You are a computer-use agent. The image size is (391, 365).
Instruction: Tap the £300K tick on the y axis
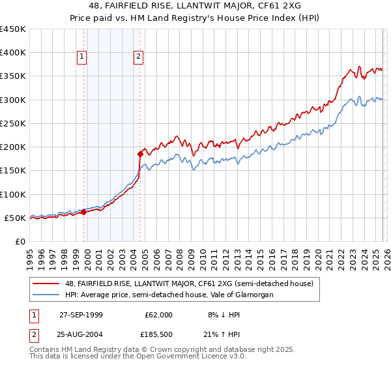click(x=13, y=100)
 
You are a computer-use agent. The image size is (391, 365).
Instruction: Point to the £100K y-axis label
click(x=13, y=194)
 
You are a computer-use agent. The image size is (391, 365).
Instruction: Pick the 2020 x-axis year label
click(x=317, y=257)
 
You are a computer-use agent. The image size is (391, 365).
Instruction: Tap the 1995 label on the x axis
click(x=30, y=257)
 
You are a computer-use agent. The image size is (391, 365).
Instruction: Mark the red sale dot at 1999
click(x=84, y=212)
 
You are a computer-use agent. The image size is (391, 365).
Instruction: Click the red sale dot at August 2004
click(x=140, y=154)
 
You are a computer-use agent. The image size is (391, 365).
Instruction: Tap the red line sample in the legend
click(x=46, y=284)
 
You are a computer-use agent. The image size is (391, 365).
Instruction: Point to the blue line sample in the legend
click(x=46, y=295)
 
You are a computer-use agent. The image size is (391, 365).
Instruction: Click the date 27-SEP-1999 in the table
click(x=81, y=315)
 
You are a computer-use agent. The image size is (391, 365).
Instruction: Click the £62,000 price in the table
click(x=159, y=315)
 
